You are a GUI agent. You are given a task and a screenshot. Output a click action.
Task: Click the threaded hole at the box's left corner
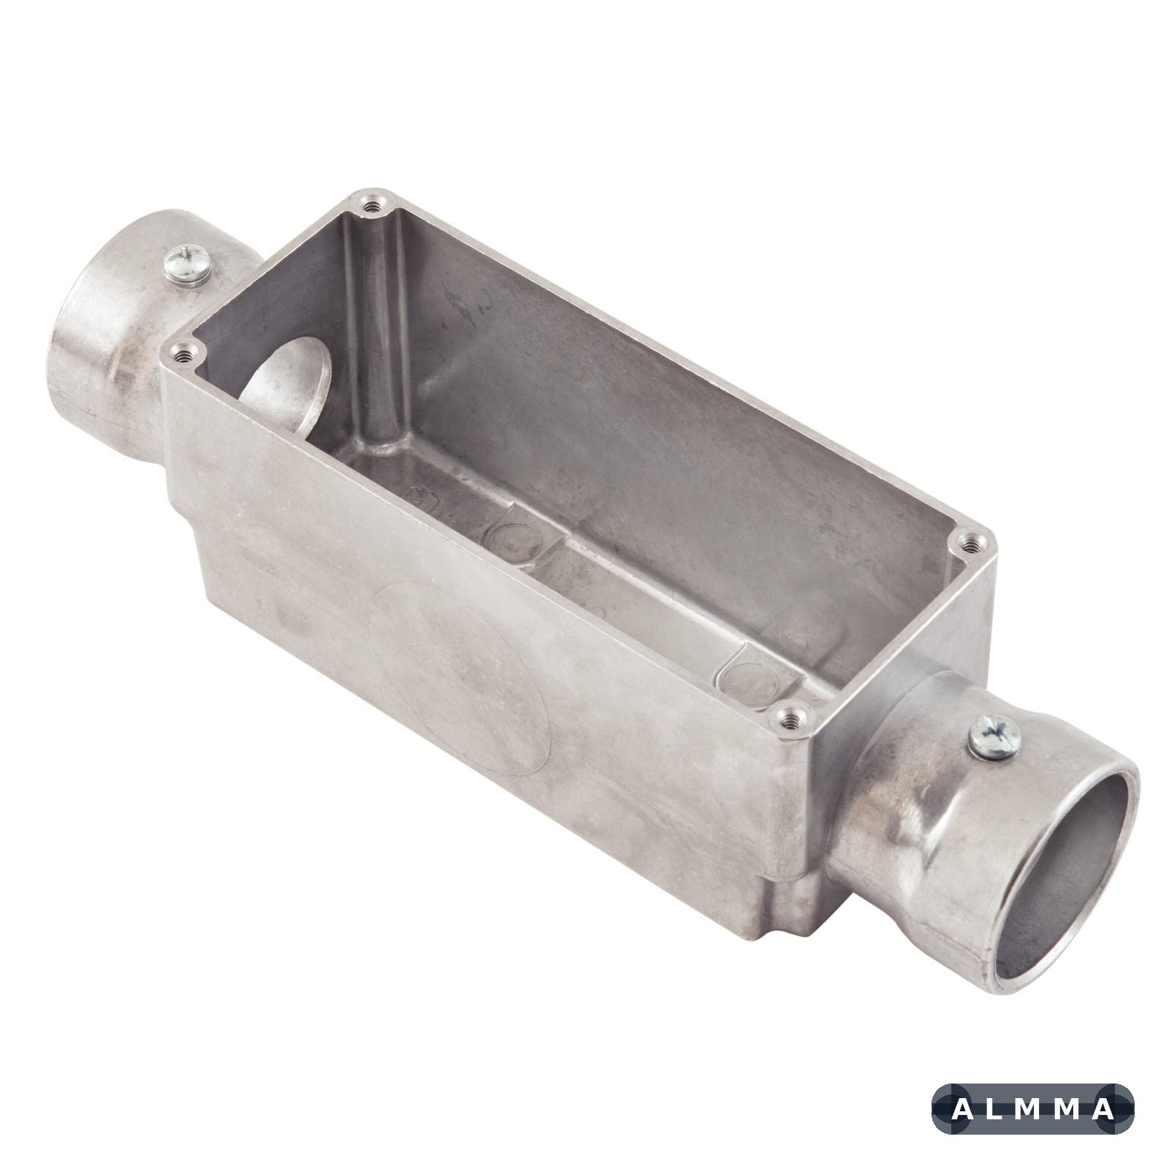click(180, 356)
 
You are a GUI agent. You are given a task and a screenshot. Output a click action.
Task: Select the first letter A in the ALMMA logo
click(963, 1110)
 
